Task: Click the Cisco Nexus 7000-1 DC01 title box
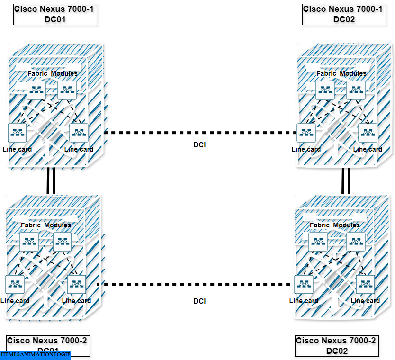(x=55, y=14)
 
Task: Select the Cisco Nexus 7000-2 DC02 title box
(x=337, y=346)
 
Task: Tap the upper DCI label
(x=200, y=144)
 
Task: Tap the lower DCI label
(x=200, y=301)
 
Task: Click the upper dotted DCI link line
(x=200, y=133)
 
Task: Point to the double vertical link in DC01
(x=51, y=181)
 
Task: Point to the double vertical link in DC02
(x=346, y=181)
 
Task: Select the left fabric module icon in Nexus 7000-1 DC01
(x=36, y=90)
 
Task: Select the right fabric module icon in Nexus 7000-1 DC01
(x=67, y=90)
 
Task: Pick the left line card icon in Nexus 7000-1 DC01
(x=17, y=133)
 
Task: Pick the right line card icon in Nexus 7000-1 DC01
(x=79, y=133)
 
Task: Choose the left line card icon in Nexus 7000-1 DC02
(x=306, y=133)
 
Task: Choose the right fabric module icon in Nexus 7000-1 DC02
(x=356, y=90)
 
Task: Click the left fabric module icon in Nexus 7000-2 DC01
(x=29, y=242)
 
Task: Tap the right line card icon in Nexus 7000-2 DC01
(x=76, y=284)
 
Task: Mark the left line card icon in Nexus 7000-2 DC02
(x=304, y=284)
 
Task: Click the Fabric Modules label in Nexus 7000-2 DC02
(x=334, y=225)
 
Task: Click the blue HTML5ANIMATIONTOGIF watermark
(x=35, y=355)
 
